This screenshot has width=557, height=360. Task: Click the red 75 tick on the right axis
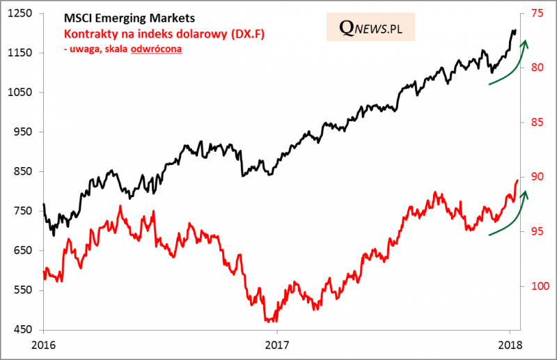[537, 13]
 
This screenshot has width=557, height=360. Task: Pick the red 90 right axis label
[537, 177]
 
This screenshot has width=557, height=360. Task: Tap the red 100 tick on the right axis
[539, 286]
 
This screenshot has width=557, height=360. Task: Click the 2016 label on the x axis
[43, 344]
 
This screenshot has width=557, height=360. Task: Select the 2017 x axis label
[277, 344]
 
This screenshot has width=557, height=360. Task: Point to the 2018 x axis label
[510, 344]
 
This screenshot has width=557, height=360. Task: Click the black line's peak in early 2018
[513, 30]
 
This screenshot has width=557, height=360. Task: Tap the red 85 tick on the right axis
[537, 123]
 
